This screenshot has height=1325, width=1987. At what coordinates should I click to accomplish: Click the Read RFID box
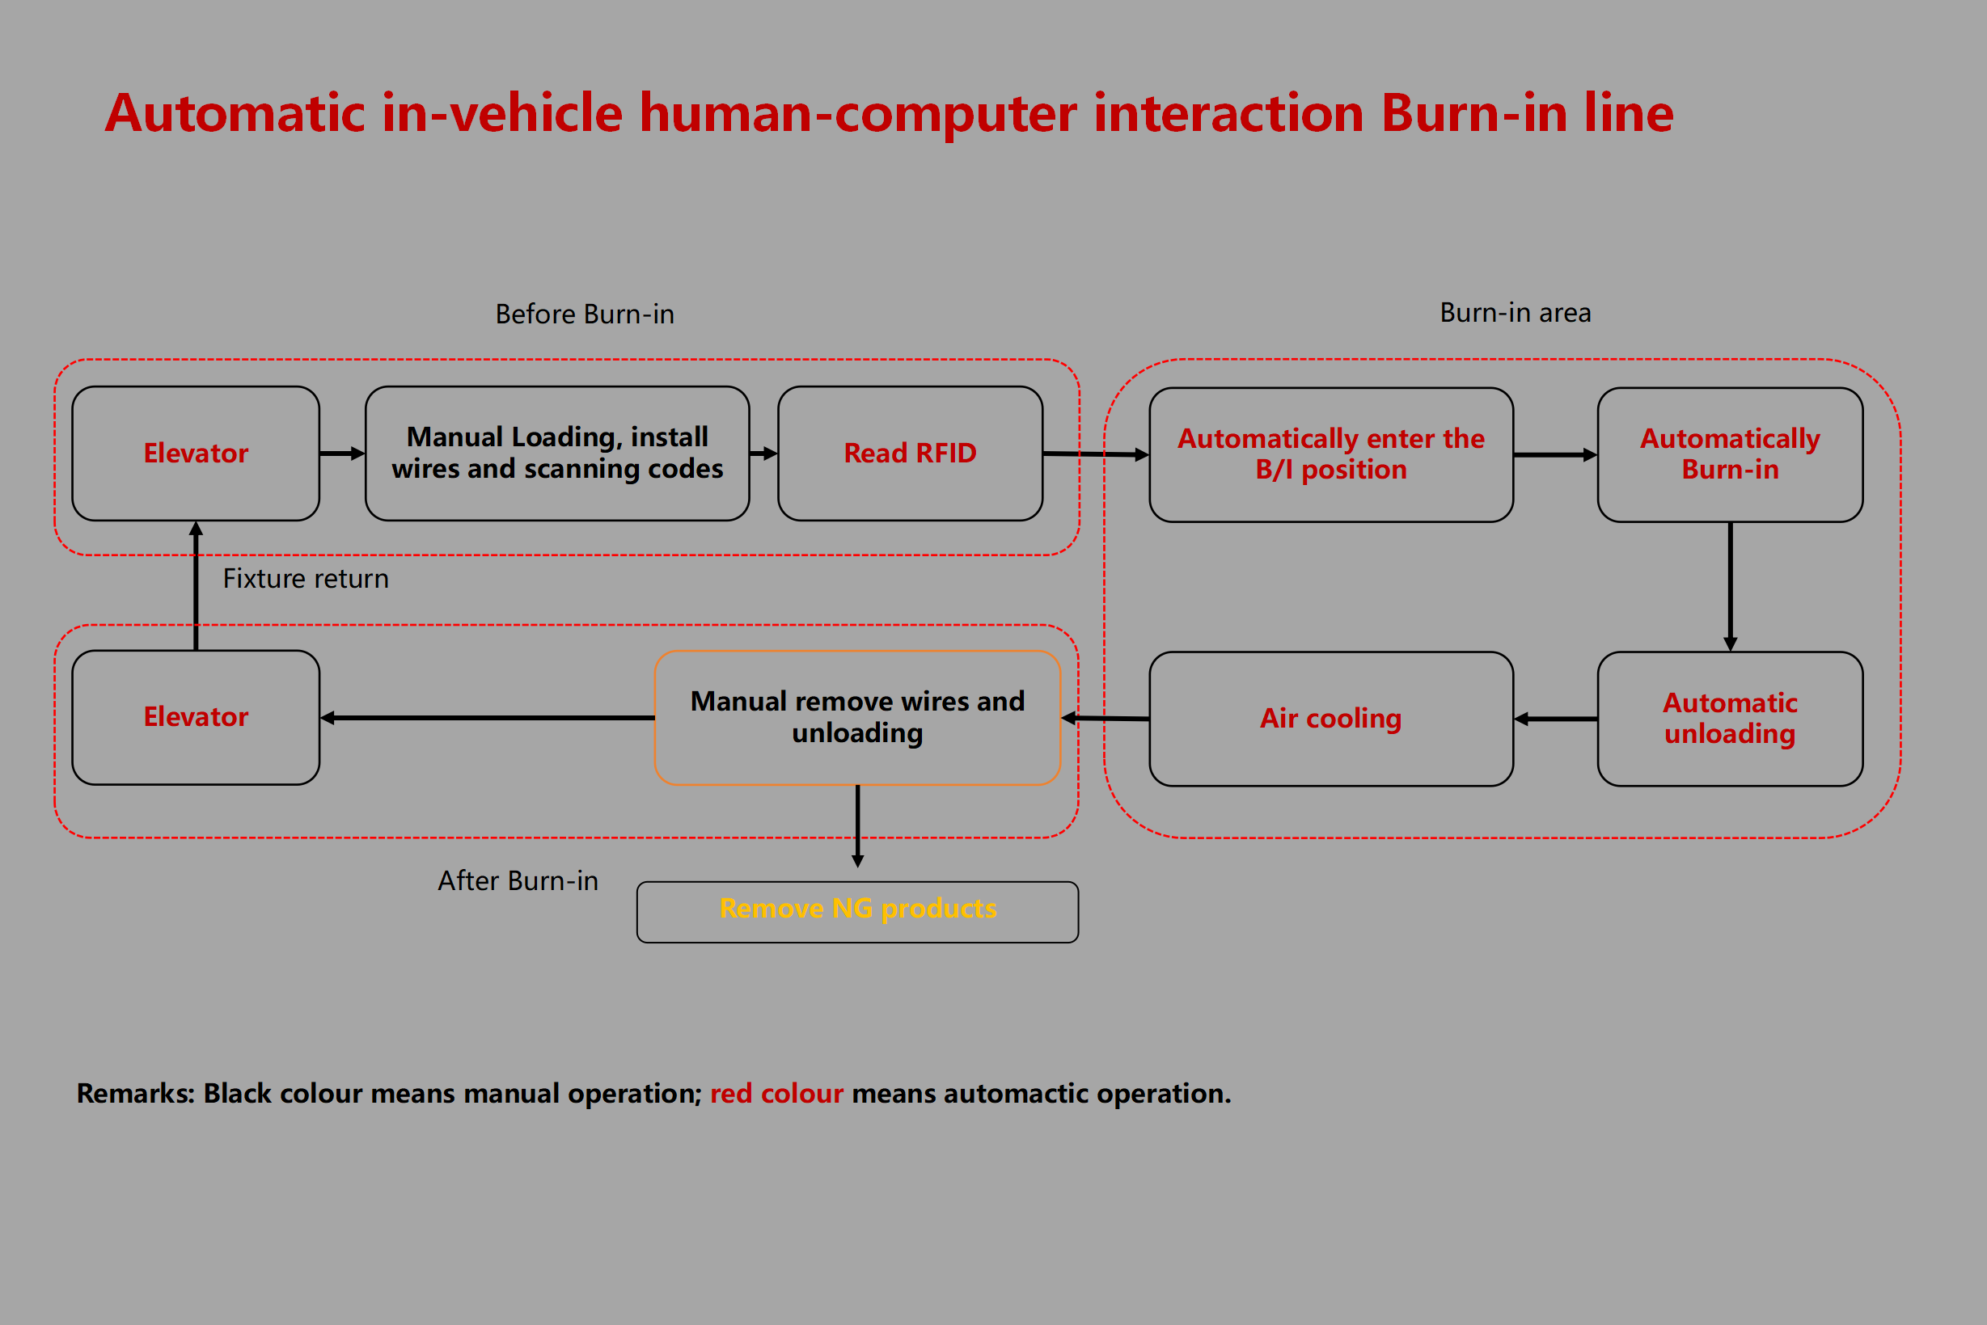pyautogui.click(x=910, y=454)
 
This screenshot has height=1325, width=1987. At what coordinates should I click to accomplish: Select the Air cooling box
pyautogui.click(x=1330, y=718)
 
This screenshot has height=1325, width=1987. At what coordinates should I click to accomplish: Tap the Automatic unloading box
pyautogui.click(x=1729, y=718)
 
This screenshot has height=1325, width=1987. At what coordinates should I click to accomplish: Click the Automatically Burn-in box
pyautogui.click(x=1729, y=454)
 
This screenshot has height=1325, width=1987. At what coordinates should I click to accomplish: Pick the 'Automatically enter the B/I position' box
pyautogui.click(x=1330, y=454)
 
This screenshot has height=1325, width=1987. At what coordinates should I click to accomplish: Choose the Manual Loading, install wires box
pyautogui.click(x=557, y=454)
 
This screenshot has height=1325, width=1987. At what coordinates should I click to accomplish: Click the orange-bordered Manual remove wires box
pyautogui.click(x=857, y=717)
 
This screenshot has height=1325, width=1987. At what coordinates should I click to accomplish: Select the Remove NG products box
pyautogui.click(x=857, y=911)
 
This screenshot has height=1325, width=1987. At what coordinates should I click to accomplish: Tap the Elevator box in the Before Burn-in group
pyautogui.click(x=195, y=454)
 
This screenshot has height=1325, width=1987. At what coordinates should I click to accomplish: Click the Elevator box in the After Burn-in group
pyautogui.click(x=195, y=717)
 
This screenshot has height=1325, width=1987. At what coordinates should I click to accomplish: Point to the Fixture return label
pyautogui.click(x=305, y=579)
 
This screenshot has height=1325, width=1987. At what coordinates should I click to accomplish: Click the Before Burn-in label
pyautogui.click(x=584, y=314)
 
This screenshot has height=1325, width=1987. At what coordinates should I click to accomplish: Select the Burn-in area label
pyautogui.click(x=1515, y=314)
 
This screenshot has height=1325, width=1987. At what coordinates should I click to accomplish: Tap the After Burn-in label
pyautogui.click(x=518, y=881)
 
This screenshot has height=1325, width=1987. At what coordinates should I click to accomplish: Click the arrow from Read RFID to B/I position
pyautogui.click(x=1095, y=454)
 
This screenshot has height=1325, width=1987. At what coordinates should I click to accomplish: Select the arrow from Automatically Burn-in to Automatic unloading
pyautogui.click(x=1730, y=586)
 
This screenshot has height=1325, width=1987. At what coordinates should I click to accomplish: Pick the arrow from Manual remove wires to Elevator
pyautogui.click(x=487, y=718)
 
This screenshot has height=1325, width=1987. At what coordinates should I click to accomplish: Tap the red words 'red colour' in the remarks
pyautogui.click(x=776, y=1094)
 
